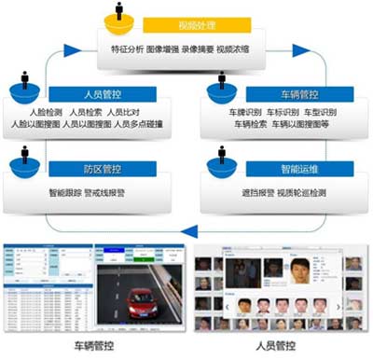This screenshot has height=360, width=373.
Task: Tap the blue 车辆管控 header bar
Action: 277,93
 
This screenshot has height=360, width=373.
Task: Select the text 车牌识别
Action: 232,110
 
